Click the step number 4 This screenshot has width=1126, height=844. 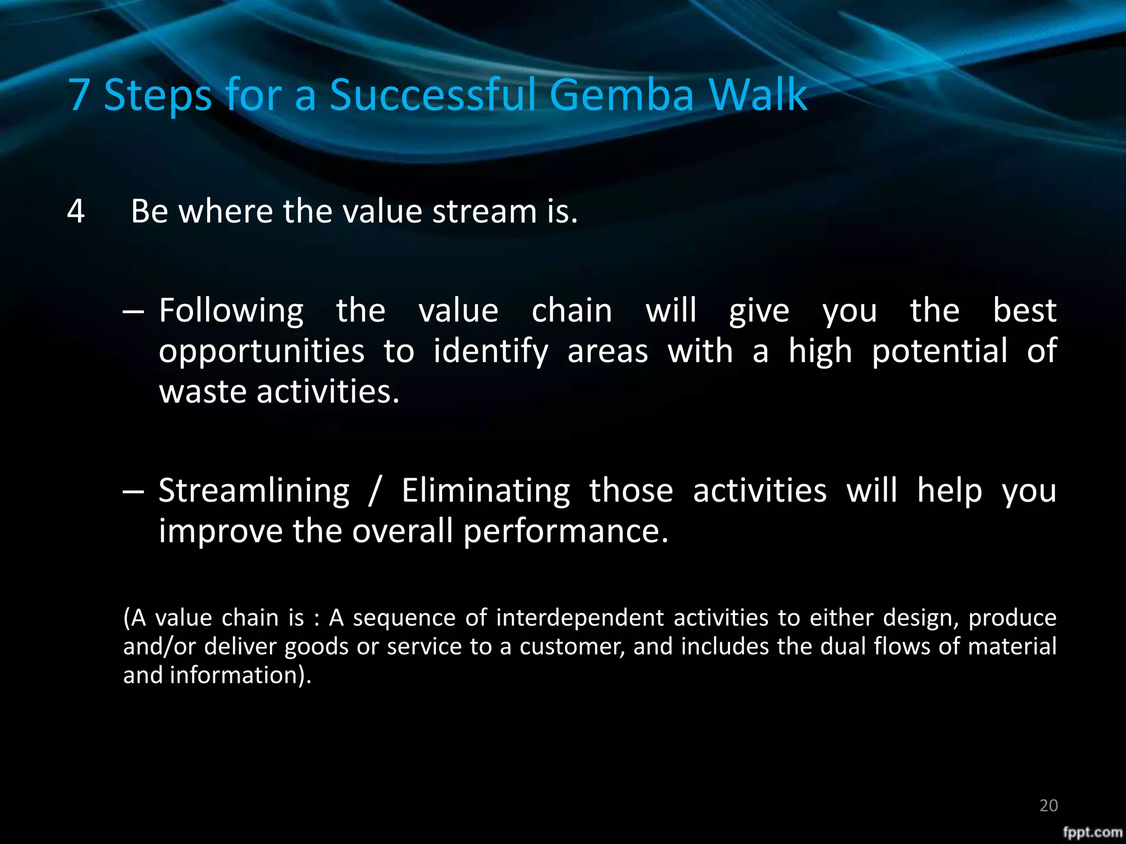coord(76,212)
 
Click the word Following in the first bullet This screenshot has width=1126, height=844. coord(231,311)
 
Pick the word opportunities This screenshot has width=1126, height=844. coord(261,352)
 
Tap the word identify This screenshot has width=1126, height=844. coord(490,352)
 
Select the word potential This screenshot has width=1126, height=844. coord(940,352)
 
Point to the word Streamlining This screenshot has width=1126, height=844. coord(253,491)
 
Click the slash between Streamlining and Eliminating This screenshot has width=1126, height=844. coord(374,491)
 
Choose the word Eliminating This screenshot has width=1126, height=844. coord(486,491)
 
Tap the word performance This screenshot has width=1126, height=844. coord(565,531)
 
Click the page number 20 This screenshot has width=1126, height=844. coord(1048,806)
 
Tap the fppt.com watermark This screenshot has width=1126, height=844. coord(1092,832)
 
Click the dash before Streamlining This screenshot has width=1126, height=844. coord(133,491)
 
